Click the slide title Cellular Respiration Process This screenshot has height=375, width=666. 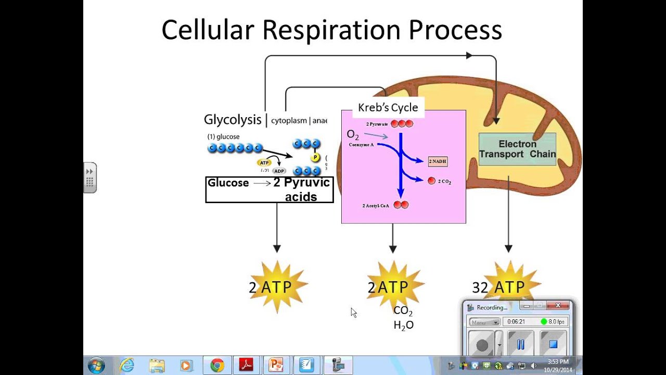pos(331,30)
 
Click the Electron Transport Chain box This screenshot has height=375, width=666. pos(517,149)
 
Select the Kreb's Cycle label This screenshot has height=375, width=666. pos(388,108)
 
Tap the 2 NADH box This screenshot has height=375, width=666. pos(438,161)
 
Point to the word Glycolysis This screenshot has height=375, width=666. pos(233,120)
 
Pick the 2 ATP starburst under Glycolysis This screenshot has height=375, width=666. pos(277,286)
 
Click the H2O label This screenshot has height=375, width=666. pos(403,326)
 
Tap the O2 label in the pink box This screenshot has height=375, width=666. pos(353,135)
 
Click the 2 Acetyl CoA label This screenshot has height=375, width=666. pos(376,206)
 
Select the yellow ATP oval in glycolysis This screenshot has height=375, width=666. pos(264,162)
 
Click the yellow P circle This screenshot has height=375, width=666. pos(315,157)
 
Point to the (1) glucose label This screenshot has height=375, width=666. pos(223,136)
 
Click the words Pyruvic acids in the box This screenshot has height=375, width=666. pos(301,190)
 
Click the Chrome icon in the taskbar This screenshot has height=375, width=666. pos(217,366)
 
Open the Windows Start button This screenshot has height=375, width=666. pos(96,366)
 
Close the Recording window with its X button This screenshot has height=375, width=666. pos(558,306)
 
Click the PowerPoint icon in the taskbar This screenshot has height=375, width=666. pos(276,366)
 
